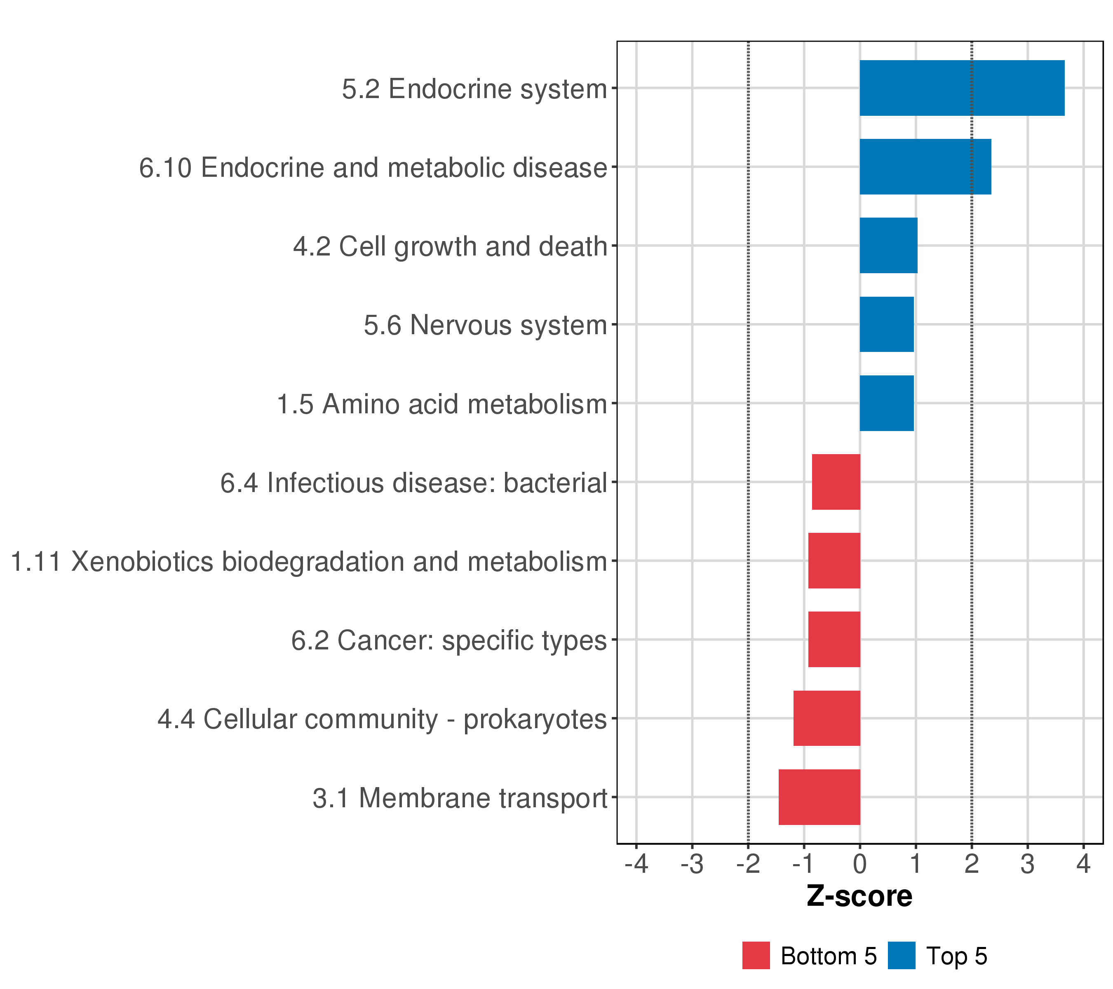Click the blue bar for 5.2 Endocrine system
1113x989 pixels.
(x=962, y=88)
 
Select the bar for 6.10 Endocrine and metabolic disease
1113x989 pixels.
(x=925, y=166)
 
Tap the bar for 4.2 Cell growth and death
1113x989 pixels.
(x=888, y=246)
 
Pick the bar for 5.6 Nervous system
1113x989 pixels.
(x=886, y=324)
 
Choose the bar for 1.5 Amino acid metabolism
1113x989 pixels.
(x=886, y=403)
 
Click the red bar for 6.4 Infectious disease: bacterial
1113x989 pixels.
(x=836, y=482)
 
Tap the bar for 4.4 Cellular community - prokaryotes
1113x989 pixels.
(x=827, y=719)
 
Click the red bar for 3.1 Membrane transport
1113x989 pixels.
(x=819, y=797)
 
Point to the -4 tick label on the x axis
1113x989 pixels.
(x=636, y=865)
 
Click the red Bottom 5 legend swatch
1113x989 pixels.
(x=756, y=956)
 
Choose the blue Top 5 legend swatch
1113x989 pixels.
(x=901, y=956)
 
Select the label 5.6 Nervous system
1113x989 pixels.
(x=485, y=326)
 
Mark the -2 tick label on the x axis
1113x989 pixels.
(x=748, y=865)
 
